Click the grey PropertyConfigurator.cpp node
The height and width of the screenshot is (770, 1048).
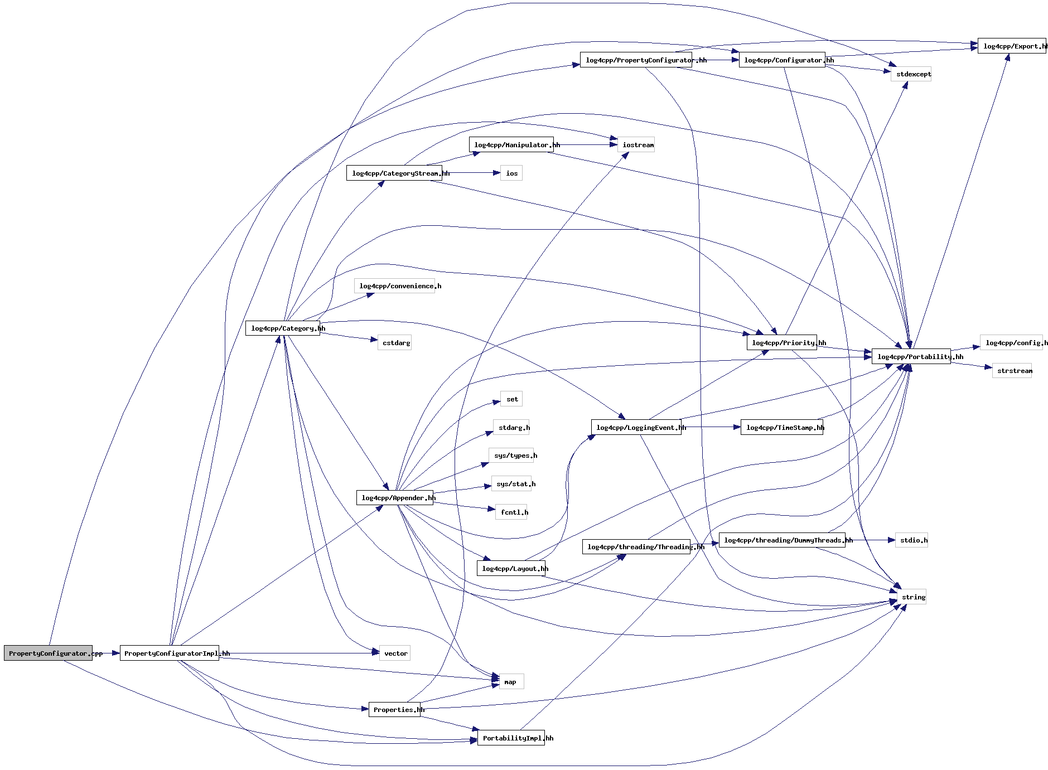pos(48,653)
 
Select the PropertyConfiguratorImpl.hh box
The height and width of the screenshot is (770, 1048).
pos(170,653)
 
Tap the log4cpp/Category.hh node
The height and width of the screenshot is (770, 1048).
pos(282,328)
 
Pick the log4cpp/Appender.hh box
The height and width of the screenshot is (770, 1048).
pos(394,498)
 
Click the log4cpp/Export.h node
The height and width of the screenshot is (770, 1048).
pos(1011,46)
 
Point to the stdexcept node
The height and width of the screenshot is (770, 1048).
pos(911,74)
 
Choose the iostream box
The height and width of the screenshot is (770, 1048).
pos(636,145)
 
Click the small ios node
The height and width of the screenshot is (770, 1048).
pos(511,173)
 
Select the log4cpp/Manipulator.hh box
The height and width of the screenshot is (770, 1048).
pos(511,145)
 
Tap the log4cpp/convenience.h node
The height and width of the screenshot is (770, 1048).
pos(394,286)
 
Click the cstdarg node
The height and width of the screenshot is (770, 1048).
pos(395,343)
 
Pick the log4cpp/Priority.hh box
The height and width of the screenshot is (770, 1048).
pos(781,343)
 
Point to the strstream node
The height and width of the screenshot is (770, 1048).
pos(1012,371)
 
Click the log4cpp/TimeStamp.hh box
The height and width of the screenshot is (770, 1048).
pos(781,428)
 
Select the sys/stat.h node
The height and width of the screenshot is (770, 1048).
pos(511,484)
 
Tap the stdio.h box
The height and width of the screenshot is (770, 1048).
pos(911,540)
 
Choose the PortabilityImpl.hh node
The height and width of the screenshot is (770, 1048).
pos(511,738)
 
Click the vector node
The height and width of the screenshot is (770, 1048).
pos(395,653)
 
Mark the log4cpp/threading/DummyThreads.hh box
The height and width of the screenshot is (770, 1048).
pos(781,540)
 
